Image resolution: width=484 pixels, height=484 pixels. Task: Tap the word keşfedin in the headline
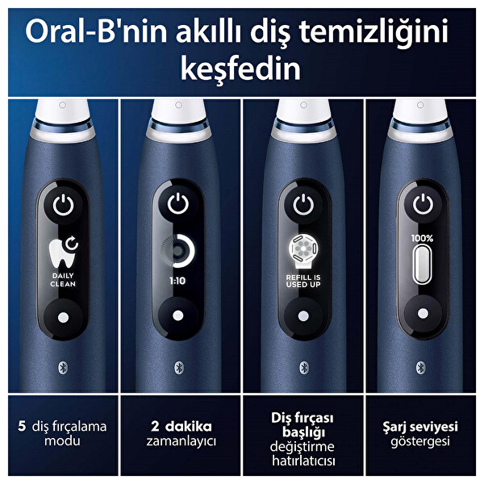(x=242, y=68)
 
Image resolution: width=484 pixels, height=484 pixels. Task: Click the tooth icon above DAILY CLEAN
(x=63, y=252)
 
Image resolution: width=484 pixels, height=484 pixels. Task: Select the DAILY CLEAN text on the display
(x=62, y=278)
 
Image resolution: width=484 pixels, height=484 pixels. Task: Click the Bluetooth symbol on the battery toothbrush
(x=420, y=365)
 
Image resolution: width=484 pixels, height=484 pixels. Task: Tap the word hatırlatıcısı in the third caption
(x=303, y=461)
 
